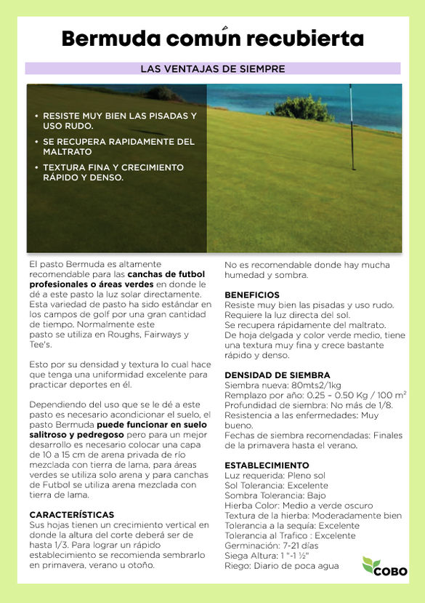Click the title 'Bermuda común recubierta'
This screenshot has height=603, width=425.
tap(212, 39)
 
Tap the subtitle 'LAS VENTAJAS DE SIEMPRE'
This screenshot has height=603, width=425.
tap(212, 69)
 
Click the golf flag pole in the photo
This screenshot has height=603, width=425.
tap(353, 127)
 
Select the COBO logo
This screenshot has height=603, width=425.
tap(384, 567)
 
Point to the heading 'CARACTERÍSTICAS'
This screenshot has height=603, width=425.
tap(71, 514)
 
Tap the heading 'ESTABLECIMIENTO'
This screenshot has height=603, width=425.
tap(267, 465)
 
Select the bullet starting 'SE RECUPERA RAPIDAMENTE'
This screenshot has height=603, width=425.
tap(118, 142)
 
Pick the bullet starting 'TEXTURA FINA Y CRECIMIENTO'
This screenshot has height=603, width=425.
tap(113, 167)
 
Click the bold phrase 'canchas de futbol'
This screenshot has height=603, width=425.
tap(166, 274)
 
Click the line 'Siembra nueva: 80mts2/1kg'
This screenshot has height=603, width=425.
tap(283, 386)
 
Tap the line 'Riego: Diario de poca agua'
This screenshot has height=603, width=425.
tap(281, 565)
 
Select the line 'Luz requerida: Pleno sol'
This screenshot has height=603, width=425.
tap(274, 475)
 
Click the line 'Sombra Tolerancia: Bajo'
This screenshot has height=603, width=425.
tap(275, 495)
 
